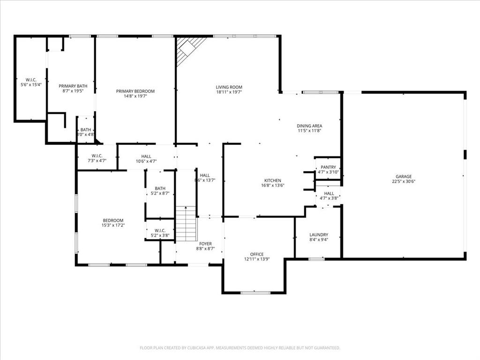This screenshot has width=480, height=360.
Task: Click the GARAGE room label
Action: pyautogui.click(x=404, y=177)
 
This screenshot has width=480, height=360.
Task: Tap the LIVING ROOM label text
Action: pyautogui.click(x=229, y=87)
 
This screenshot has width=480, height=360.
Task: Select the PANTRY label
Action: pyautogui.click(x=328, y=167)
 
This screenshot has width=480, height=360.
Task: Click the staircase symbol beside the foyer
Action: pyautogui.click(x=187, y=224)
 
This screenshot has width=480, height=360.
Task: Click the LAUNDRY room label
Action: pyautogui.click(x=319, y=235)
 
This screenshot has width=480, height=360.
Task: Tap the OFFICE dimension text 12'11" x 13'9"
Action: pyautogui.click(x=257, y=259)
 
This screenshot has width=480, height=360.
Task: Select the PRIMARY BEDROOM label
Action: pyautogui.click(x=135, y=91)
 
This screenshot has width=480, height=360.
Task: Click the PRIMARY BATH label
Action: pyautogui.click(x=73, y=86)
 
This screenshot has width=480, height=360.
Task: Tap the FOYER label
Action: pyautogui.click(x=205, y=244)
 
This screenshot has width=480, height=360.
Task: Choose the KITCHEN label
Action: pyautogui.click(x=272, y=180)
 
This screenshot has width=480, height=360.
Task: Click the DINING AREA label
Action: pyautogui.click(x=309, y=126)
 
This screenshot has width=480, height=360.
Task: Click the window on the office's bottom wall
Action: pyautogui.click(x=255, y=293)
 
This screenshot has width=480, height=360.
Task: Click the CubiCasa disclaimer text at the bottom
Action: pyautogui.click(x=240, y=348)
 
